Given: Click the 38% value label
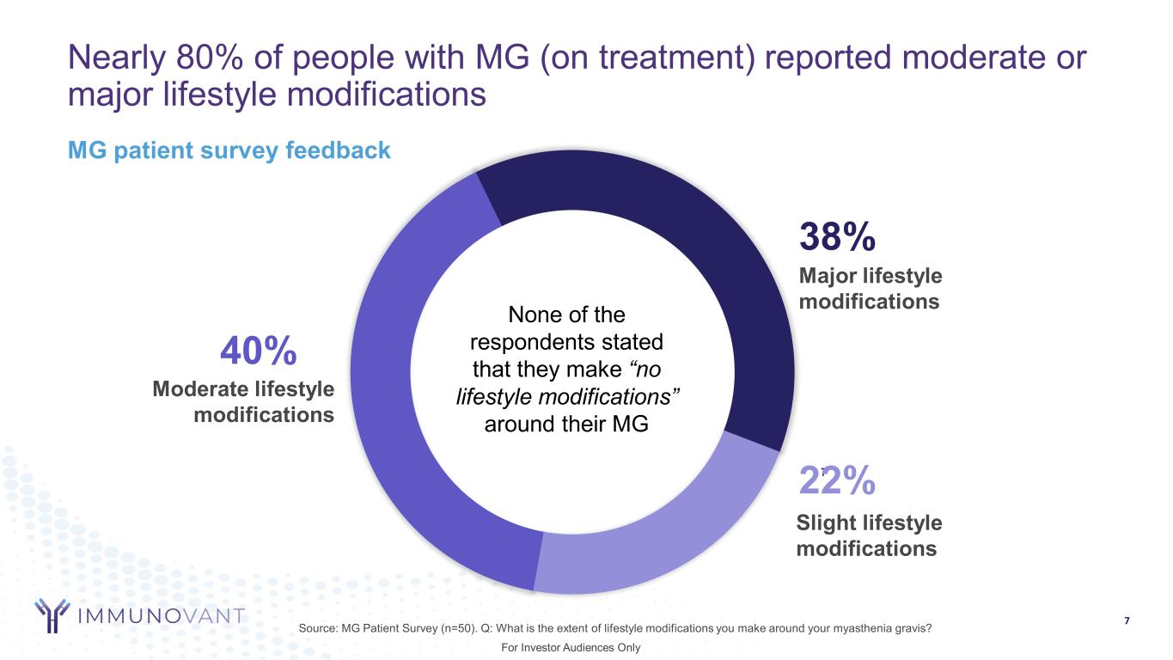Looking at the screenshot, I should pyautogui.click(x=837, y=236).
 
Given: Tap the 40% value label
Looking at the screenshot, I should pyautogui.click(x=259, y=351).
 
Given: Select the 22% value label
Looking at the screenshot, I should pyautogui.click(x=837, y=482).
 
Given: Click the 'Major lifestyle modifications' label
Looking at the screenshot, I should pyautogui.click(x=870, y=289).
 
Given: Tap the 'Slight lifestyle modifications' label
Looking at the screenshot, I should pyautogui.click(x=868, y=535).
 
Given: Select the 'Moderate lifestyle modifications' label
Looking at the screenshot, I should pyautogui.click(x=243, y=401).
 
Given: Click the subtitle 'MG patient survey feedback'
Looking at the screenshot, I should pyautogui.click(x=229, y=151).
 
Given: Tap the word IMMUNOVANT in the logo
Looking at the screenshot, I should pyautogui.click(x=161, y=616).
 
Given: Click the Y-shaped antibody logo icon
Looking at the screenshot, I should pyautogui.click(x=52, y=614).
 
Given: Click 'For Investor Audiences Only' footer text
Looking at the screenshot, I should pyautogui.click(x=571, y=647).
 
